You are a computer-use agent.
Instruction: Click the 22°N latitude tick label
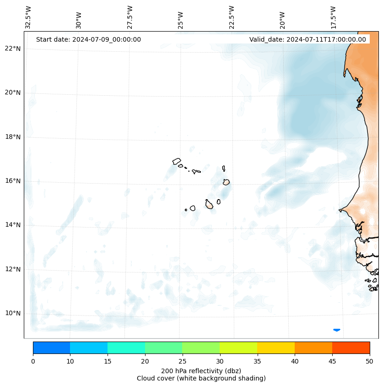pos(13,49)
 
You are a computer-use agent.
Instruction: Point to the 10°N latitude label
pos(13,313)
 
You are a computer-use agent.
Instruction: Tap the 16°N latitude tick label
pos(13,181)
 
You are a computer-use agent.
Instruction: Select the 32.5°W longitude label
pos(28,17)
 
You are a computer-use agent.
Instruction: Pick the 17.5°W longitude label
pos(333,17)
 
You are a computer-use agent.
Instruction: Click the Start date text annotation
pos(88,39)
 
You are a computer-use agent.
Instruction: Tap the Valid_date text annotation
pos(307,39)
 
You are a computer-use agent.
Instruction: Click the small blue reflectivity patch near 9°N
pos(336,330)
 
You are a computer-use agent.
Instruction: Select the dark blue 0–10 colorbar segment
pos(51,348)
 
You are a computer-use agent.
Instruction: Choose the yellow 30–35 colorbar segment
pos(238,348)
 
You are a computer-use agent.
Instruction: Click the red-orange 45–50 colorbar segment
pos(351,348)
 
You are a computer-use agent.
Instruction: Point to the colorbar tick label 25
pos(182,362)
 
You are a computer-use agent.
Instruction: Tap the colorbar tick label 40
pos(295,362)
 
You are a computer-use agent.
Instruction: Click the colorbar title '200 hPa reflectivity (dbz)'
pos(201,370)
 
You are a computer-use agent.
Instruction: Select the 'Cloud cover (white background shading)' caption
pos(201,378)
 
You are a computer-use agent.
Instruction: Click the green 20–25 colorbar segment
pos(163,348)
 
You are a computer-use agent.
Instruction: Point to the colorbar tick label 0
pos(33,362)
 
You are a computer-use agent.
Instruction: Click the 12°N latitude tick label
pos(13,269)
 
